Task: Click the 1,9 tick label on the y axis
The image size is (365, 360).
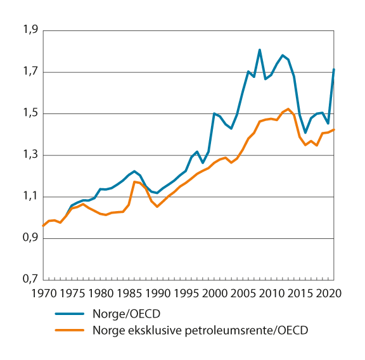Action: pos(30,30)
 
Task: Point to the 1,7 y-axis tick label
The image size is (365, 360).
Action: pos(30,72)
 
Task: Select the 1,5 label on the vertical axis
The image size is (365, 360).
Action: pos(30,113)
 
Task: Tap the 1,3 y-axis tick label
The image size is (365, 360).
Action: pos(30,155)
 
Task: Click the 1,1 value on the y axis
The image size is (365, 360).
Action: pos(30,197)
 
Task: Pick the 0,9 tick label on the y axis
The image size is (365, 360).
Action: pos(30,239)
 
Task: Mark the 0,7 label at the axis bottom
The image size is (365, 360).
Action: pos(30,280)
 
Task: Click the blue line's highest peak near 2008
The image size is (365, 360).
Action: pos(260,49)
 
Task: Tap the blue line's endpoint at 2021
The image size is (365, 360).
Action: pos(334,69)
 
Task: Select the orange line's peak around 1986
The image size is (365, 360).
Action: pos(134,182)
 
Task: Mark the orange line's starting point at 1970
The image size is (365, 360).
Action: pos(43,226)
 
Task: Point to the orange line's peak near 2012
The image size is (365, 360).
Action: pos(288,109)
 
